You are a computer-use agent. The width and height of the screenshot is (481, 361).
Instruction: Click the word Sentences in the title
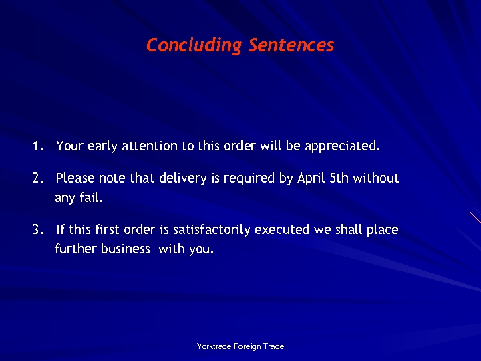pos(291,45)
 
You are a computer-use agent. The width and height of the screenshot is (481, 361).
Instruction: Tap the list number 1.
pos(37,146)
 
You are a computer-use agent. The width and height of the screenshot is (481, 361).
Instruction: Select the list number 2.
pos(37,178)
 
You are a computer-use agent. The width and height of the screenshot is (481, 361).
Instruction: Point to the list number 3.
pos(37,230)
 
